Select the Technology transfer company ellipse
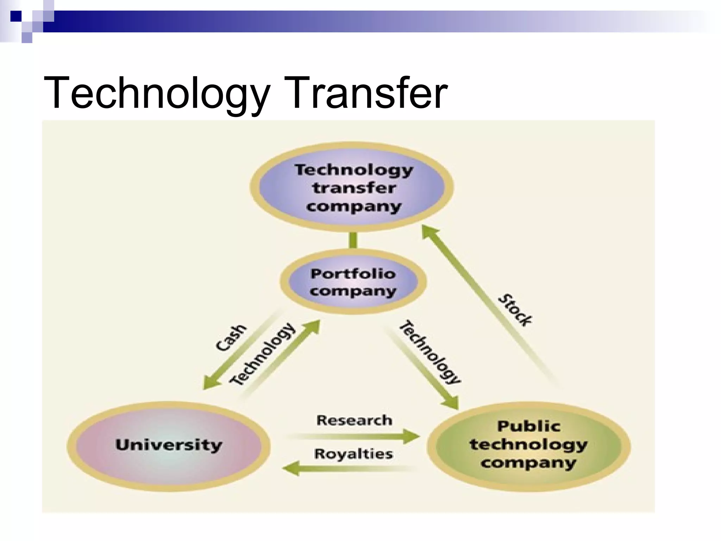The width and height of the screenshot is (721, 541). tap(352, 187)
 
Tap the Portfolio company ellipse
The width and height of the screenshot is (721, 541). tap(353, 282)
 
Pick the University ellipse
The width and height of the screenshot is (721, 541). tap(169, 446)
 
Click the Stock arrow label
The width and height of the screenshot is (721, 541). tap(515, 310)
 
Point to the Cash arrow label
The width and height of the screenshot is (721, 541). tap(231, 338)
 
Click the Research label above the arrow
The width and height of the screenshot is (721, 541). tap(354, 420)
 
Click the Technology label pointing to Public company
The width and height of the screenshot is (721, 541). tap(430, 352)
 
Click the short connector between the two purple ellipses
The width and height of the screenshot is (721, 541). tap(353, 240)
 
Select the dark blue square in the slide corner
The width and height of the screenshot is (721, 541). tap(16, 16)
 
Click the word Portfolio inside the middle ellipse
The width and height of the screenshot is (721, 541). tap(353, 274)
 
